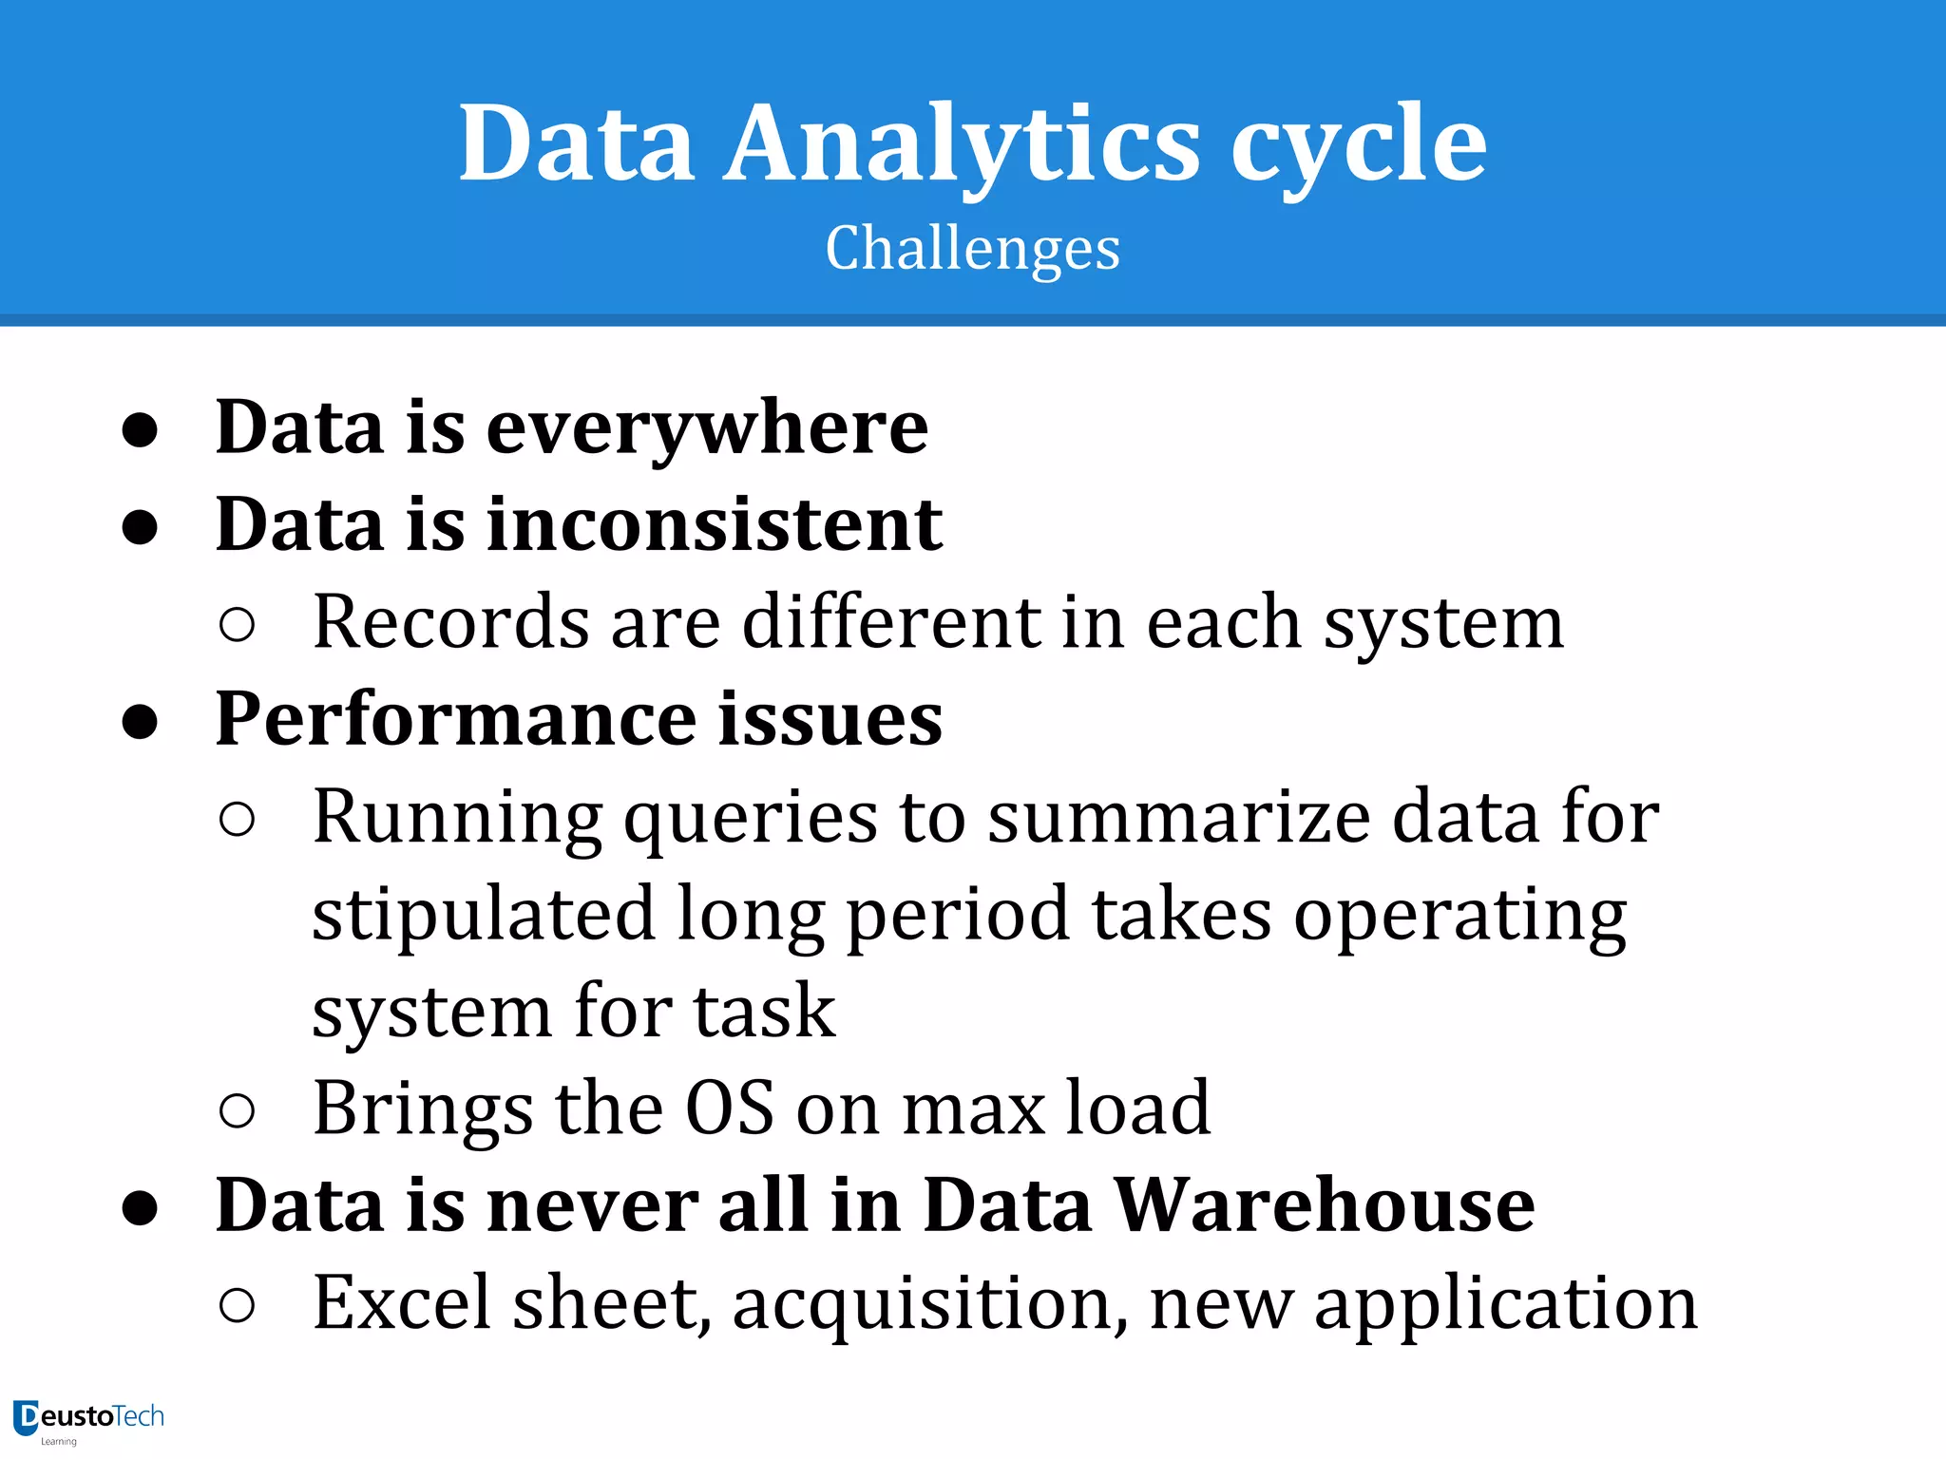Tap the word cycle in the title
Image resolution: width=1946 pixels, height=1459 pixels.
point(1359,144)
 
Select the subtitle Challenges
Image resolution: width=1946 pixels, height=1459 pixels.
point(972,248)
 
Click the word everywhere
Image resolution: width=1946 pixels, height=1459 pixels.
point(707,427)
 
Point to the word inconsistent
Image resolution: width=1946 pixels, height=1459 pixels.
point(715,524)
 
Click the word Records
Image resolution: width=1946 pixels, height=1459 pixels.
point(450,622)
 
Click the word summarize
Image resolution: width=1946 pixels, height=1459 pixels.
point(1178,818)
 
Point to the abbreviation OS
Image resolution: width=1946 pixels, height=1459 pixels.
point(730,1108)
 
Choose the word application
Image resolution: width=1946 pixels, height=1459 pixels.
point(1505,1304)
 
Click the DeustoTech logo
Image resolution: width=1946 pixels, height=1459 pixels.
point(88,1420)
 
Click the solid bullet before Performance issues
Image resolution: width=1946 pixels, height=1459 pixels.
point(140,722)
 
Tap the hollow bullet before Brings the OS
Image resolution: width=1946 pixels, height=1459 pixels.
point(237,1110)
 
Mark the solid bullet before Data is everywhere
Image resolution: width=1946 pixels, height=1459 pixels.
point(140,430)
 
